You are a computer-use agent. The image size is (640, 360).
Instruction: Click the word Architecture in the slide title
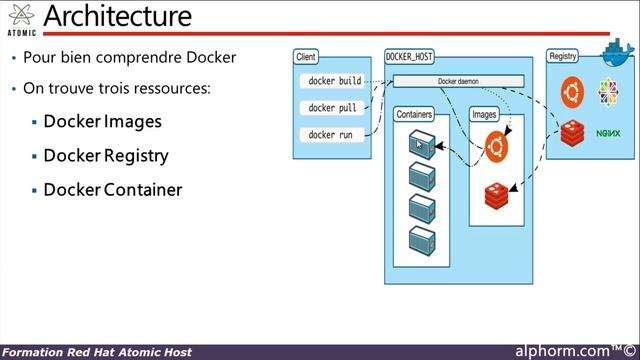click(118, 17)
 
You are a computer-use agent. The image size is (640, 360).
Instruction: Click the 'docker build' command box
click(335, 80)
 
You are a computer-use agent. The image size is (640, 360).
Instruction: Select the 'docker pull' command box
click(332, 107)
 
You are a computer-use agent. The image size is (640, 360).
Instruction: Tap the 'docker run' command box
click(330, 135)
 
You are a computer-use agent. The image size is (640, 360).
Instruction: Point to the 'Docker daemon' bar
click(459, 81)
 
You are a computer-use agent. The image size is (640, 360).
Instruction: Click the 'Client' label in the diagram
click(306, 57)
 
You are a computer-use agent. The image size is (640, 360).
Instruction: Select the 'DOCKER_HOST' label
click(411, 57)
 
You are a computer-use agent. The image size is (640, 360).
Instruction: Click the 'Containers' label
click(414, 115)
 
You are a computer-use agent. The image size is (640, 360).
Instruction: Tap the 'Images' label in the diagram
click(484, 115)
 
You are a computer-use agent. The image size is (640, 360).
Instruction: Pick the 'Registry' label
click(563, 57)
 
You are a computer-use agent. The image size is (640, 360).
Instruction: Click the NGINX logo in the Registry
click(608, 131)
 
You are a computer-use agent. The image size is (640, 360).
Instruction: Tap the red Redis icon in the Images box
click(497, 194)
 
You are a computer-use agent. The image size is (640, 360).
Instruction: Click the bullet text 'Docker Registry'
click(105, 156)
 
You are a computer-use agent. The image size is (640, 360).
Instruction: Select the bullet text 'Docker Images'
click(102, 122)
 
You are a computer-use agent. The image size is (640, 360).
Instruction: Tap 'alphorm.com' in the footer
click(562, 351)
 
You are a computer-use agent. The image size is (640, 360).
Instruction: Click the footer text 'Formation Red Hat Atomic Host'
click(97, 352)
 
